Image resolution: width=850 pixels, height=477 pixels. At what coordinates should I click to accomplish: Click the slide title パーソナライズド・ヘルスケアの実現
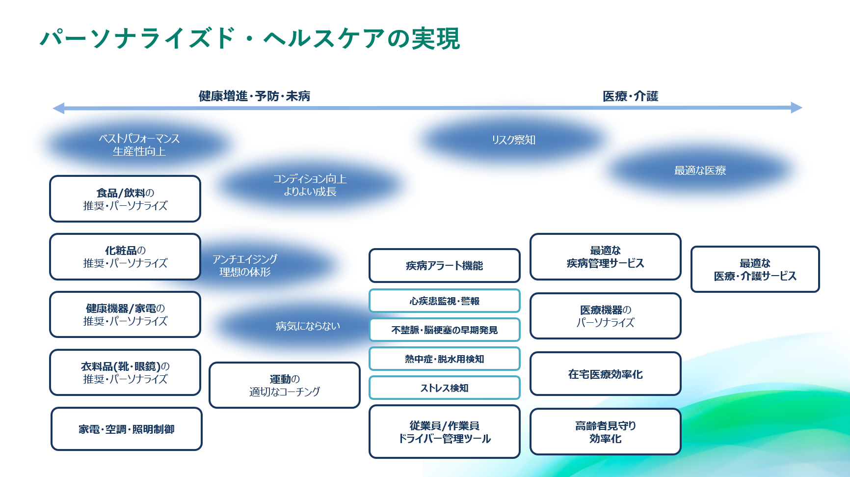[x=250, y=38]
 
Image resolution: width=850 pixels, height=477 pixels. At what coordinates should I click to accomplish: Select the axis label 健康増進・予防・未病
[x=254, y=96]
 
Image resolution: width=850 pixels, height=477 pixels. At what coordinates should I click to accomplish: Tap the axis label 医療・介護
[x=630, y=96]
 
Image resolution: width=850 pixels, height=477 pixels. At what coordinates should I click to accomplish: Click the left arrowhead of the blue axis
[x=58, y=108]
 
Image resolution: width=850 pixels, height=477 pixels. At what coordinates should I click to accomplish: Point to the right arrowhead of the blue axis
[x=797, y=108]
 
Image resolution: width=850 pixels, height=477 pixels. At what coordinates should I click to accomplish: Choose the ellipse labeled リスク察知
[x=513, y=140]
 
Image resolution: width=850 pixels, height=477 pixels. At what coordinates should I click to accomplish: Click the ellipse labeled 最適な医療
[x=700, y=170]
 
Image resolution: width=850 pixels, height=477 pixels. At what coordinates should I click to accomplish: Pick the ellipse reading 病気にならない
[x=308, y=326]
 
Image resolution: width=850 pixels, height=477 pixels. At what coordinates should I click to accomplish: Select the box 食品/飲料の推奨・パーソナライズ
[x=125, y=199]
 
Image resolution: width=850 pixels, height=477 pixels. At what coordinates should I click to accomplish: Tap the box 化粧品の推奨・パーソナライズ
[x=125, y=257]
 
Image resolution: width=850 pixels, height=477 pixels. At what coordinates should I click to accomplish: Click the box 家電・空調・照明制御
[x=127, y=429]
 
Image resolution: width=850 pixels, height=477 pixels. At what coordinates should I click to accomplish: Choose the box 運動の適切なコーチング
[x=285, y=385]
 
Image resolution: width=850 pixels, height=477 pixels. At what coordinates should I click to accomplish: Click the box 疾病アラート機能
[x=445, y=266]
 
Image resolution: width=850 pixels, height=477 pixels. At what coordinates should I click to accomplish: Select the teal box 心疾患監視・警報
[x=445, y=301]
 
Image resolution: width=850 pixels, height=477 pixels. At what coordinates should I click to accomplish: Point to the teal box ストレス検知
[x=445, y=388]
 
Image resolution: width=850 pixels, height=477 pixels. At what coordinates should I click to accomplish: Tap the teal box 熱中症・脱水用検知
[x=445, y=359]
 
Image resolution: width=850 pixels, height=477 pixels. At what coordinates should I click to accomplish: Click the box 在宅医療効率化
[x=606, y=374]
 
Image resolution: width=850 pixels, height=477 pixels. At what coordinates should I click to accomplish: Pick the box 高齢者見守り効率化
[x=606, y=432]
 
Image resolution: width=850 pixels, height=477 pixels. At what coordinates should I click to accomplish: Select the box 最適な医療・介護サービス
[x=755, y=269]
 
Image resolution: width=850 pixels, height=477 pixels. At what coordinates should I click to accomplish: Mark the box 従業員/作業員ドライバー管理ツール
[x=445, y=432]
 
